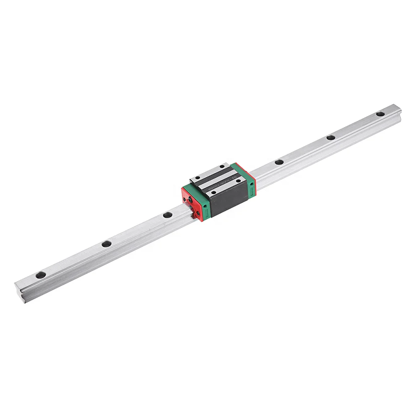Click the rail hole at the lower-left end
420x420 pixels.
[x=41, y=275]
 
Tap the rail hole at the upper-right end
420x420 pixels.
[x=380, y=114]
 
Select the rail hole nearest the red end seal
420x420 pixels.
[x=168, y=215]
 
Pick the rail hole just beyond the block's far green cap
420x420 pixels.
[x=279, y=162]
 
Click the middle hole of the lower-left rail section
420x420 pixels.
[x=107, y=244]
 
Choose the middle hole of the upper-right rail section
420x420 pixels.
[x=331, y=137]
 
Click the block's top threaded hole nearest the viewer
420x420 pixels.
[x=214, y=193]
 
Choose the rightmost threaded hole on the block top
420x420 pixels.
[x=239, y=181]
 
